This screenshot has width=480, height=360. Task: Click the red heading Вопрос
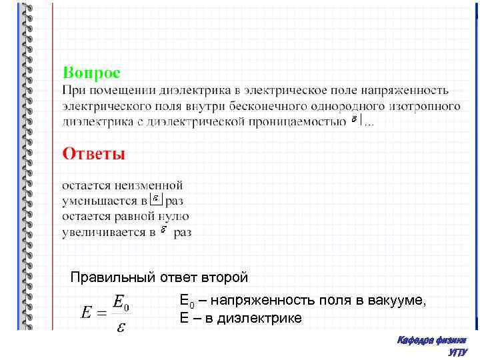91,71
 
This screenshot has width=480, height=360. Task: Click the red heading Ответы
94,153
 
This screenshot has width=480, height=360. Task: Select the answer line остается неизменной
122,185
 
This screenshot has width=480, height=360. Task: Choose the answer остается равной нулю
125,216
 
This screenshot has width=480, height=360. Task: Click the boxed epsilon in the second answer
156,199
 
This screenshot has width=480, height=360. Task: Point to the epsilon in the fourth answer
163,231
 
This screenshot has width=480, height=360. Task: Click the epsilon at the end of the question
355,121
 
